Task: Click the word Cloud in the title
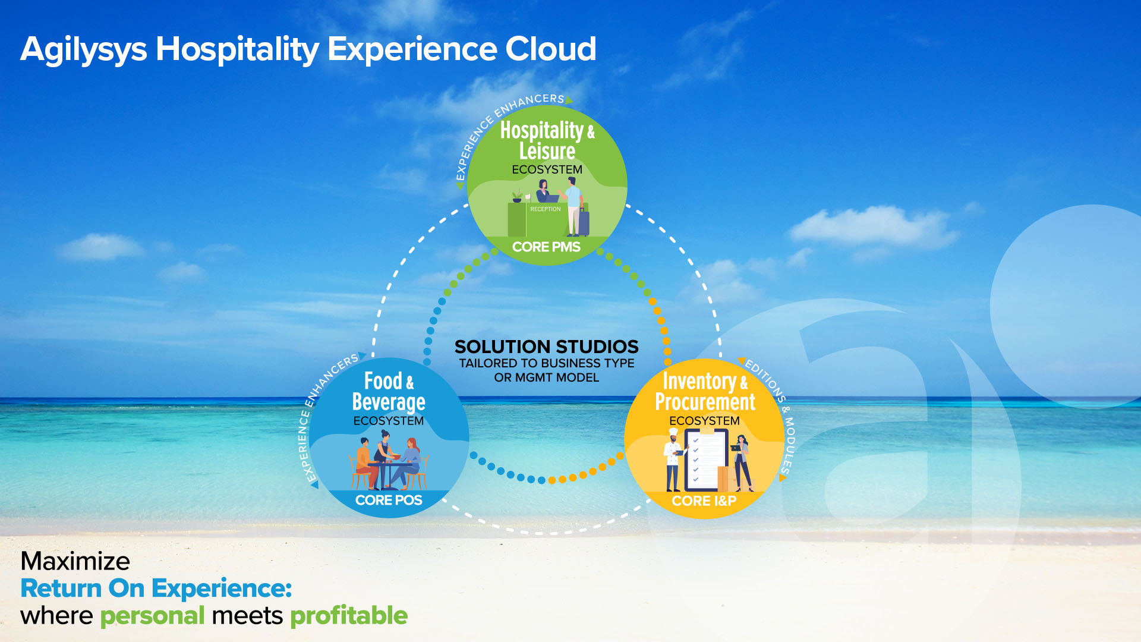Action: pos(550,49)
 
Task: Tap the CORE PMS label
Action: pos(546,247)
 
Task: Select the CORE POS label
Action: pos(389,501)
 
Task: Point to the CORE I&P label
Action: pos(704,501)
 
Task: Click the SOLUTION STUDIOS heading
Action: pos(547,347)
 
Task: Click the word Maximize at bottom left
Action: pos(75,561)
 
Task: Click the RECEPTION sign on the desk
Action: pos(546,209)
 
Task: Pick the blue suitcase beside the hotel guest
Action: pos(584,222)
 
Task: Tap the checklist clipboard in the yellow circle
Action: pos(706,460)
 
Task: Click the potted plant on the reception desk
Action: pos(517,197)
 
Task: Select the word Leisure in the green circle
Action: pos(547,151)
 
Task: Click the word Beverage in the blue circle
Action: pos(389,402)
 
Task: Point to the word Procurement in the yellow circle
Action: pos(705,402)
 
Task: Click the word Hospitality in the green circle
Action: pos(541,130)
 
